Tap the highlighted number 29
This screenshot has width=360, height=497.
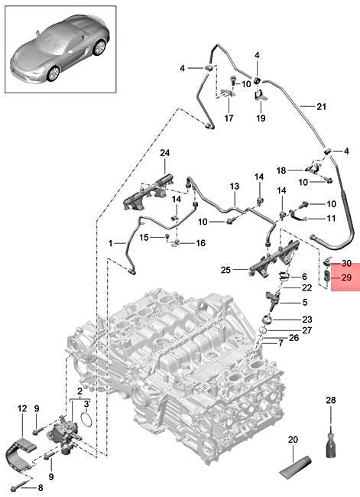[346, 279]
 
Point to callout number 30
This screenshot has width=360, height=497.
[346, 262]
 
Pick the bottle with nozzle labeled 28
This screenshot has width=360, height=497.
[331, 443]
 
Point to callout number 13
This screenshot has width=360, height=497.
[235, 187]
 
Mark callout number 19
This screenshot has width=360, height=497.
[260, 119]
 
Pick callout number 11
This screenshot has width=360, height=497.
[331, 219]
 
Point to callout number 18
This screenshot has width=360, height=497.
[281, 169]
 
